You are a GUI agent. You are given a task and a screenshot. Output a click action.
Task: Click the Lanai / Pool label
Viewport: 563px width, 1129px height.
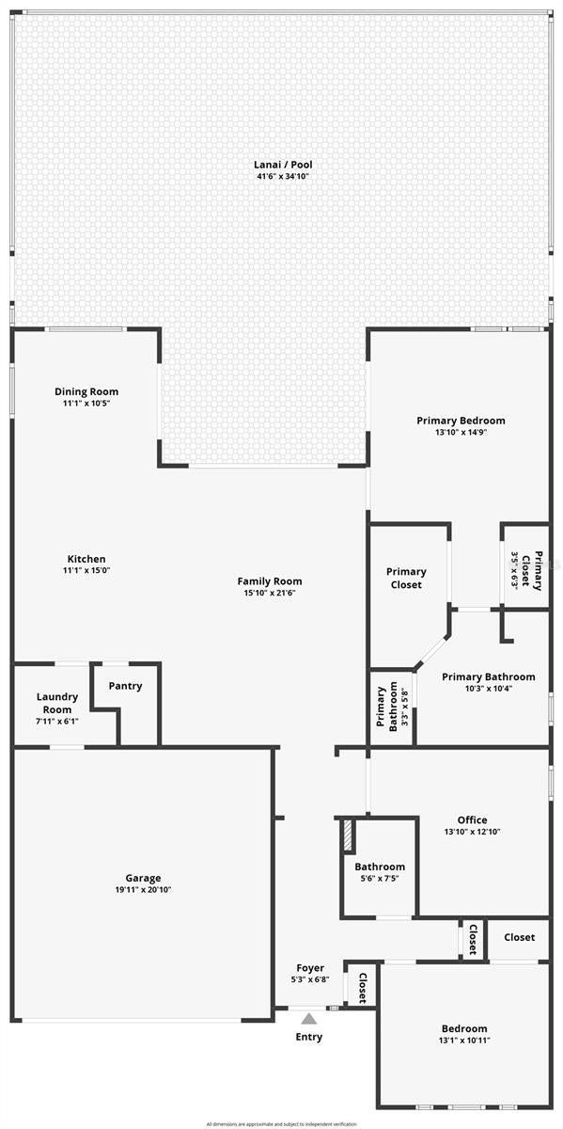pyautogui.click(x=283, y=165)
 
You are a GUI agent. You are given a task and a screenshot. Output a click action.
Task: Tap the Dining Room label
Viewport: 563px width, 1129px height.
pyautogui.click(x=86, y=391)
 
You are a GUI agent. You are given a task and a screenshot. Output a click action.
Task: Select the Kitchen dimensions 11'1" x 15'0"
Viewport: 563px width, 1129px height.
pyautogui.click(x=86, y=570)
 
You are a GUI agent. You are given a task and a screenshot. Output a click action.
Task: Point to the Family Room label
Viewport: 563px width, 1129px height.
pyautogui.click(x=270, y=581)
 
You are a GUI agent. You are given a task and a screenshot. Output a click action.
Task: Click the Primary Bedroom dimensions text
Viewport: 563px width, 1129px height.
pyautogui.click(x=461, y=433)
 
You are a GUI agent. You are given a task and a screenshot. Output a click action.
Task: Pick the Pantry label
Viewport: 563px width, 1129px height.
pyautogui.click(x=125, y=686)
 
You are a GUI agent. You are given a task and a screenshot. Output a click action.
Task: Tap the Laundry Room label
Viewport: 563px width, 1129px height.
pyautogui.click(x=57, y=703)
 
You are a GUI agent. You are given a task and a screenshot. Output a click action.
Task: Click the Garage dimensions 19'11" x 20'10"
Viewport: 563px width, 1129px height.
pyautogui.click(x=144, y=889)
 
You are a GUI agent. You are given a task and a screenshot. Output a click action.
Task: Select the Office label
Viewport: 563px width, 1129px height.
pyautogui.click(x=472, y=819)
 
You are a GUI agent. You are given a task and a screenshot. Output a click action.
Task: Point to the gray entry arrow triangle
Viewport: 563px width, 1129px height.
pyautogui.click(x=309, y=1018)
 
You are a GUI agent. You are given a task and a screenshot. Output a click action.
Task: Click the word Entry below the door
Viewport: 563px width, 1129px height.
pyautogui.click(x=309, y=1037)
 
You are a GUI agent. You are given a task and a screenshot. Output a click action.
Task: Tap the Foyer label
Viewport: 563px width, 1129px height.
pyautogui.click(x=310, y=967)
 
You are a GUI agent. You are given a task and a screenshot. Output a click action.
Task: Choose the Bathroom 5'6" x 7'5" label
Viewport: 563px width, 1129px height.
pyautogui.click(x=380, y=867)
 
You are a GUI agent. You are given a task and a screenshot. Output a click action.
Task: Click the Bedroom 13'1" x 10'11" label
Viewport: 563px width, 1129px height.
pyautogui.click(x=464, y=1028)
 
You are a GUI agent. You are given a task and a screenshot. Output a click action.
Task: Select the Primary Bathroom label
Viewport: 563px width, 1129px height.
pyautogui.click(x=488, y=676)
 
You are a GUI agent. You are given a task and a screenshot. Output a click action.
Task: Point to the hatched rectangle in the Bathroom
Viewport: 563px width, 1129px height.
pyautogui.click(x=347, y=835)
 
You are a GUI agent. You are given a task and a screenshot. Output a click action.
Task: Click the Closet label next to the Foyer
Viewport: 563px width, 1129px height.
pyautogui.click(x=362, y=986)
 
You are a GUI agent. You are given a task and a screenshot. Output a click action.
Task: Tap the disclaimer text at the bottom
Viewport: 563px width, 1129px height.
pyautogui.click(x=282, y=1123)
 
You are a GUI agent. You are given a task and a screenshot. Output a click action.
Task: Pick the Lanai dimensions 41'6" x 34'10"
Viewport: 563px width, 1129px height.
pyautogui.click(x=283, y=176)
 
